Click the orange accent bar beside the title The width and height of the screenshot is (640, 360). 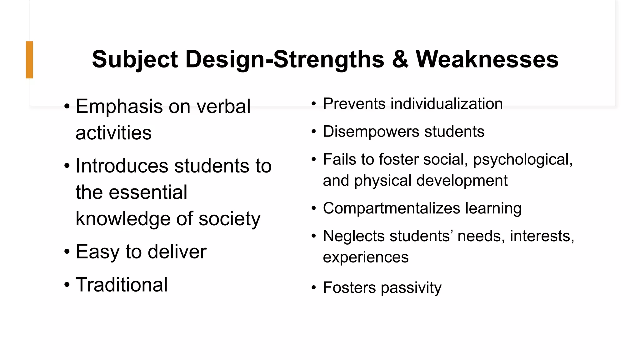click(x=29, y=60)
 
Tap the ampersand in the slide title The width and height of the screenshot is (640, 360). click(x=400, y=59)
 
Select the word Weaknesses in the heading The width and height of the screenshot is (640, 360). click(x=487, y=59)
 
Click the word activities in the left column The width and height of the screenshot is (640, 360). click(x=113, y=133)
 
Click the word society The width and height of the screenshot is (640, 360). click(x=229, y=219)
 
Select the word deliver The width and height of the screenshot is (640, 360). click(x=177, y=252)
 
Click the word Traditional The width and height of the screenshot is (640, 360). click(x=122, y=285)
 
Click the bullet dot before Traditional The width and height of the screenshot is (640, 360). click(x=67, y=285)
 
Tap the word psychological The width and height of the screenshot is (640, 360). click(x=522, y=160)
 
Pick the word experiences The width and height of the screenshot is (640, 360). click(x=366, y=257)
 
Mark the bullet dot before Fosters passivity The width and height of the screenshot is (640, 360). click(x=314, y=288)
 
